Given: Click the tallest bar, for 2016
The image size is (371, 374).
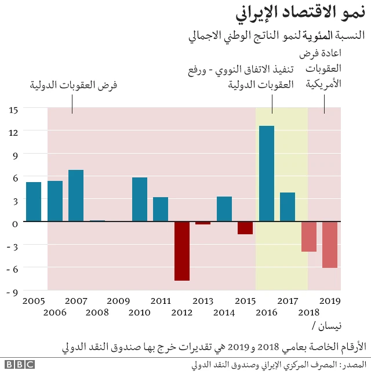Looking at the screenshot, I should click(x=267, y=173).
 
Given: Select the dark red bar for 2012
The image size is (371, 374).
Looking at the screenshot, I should click(x=182, y=251).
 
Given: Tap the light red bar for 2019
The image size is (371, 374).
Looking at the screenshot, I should click(x=330, y=244).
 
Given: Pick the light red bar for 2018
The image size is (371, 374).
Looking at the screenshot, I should click(x=309, y=237).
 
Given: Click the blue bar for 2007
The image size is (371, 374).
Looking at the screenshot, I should click(x=76, y=195).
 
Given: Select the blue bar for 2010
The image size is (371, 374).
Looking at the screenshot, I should click(x=140, y=199).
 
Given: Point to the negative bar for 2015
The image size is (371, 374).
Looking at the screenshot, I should click(x=245, y=228).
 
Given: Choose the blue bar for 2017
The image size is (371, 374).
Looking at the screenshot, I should click(x=288, y=207).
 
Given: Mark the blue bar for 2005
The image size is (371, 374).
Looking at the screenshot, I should click(x=34, y=202).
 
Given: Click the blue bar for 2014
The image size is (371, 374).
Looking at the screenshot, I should click(x=224, y=209).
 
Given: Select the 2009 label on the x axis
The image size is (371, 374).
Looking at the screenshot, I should click(x=118, y=301).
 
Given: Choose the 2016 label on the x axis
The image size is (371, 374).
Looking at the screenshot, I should click(x=267, y=313).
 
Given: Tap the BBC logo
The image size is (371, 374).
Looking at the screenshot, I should click(x=20, y=364).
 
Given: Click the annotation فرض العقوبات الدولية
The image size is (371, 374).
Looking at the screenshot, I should click(x=74, y=85).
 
